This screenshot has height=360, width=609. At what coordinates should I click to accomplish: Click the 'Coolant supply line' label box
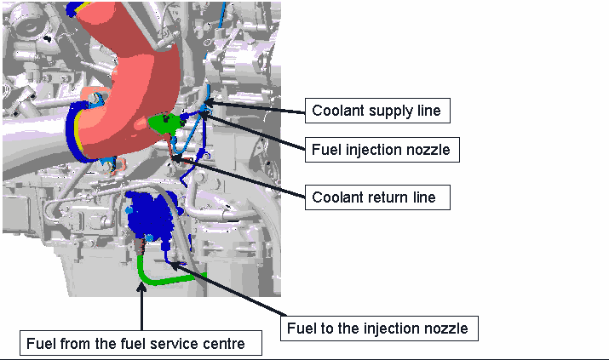point(377,111)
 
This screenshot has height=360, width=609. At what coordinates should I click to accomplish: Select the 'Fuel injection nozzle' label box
point(382,149)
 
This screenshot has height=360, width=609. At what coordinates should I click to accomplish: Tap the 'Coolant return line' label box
point(377,197)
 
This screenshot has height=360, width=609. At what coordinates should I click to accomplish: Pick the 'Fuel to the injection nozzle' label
point(379,329)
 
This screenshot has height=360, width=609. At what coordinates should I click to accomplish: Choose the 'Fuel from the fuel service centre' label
point(141,343)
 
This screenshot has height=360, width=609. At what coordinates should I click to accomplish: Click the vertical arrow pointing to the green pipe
point(141,306)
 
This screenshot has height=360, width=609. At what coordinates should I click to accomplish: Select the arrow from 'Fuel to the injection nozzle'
point(229,289)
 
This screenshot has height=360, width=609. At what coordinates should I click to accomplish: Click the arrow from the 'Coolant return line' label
point(238,176)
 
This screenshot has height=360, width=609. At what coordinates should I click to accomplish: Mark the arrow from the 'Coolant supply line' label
point(255,107)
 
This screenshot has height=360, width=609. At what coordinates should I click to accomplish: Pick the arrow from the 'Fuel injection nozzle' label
point(252,131)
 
